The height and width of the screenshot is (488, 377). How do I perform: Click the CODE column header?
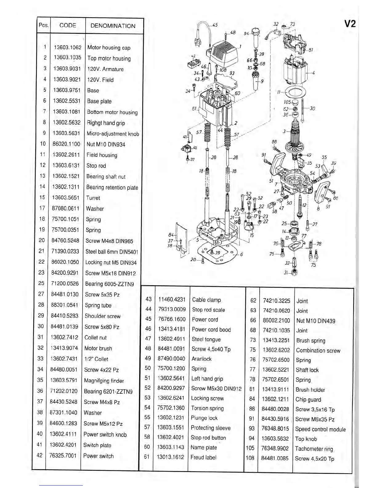67,26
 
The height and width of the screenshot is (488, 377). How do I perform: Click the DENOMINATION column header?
113,26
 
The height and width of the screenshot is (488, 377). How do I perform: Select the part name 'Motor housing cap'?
109,47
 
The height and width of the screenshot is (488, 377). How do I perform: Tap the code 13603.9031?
67,69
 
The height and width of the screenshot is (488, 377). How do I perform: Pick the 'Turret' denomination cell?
93,198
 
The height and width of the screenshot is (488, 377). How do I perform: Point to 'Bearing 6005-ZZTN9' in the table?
109,284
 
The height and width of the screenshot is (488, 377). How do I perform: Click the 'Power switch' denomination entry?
98,456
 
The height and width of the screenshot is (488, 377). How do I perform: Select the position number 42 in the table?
40,455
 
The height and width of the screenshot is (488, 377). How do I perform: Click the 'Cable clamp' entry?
206,300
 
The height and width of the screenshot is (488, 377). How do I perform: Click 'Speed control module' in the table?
320,429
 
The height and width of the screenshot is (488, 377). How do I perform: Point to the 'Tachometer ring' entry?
314,449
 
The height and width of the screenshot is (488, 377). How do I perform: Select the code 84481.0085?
275,458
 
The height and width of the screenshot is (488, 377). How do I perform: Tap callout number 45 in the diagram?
215,25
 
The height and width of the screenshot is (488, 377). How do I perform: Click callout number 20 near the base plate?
193,259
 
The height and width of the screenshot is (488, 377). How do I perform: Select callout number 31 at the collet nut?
286,272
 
